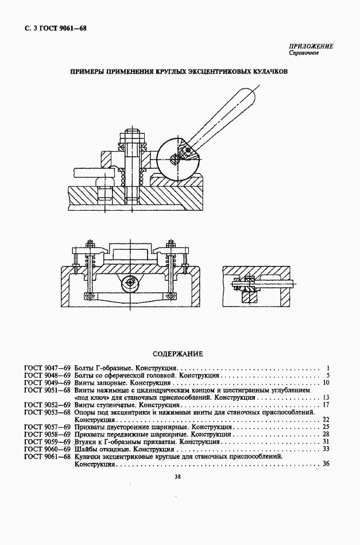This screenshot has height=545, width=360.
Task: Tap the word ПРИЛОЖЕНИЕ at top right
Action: pyautogui.click(x=311, y=46)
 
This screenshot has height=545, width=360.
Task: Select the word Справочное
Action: pyautogui.click(x=304, y=53)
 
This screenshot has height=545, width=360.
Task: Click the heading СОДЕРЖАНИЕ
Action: pyautogui.click(x=178, y=354)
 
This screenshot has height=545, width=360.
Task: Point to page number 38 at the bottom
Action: pyautogui.click(x=177, y=477)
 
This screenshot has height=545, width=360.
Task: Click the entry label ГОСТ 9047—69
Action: pyautogui.click(x=48, y=368)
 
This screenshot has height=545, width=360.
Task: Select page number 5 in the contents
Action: pyautogui.click(x=328, y=376)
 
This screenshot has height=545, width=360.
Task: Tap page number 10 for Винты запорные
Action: pyautogui.click(x=326, y=383)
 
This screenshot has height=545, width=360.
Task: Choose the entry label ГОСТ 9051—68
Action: pyautogui.click(x=48, y=391)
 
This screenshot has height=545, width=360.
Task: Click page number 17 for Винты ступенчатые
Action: pyautogui.click(x=326, y=405)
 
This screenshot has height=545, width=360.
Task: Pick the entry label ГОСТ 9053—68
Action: pyautogui.click(x=48, y=412)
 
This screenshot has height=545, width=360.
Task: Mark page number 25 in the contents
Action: pyautogui.click(x=326, y=427)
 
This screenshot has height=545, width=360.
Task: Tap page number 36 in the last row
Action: pyautogui.click(x=326, y=463)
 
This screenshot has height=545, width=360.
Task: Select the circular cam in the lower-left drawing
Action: pyautogui.click(x=131, y=282)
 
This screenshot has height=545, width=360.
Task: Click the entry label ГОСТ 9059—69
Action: pyautogui.click(x=48, y=442)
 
